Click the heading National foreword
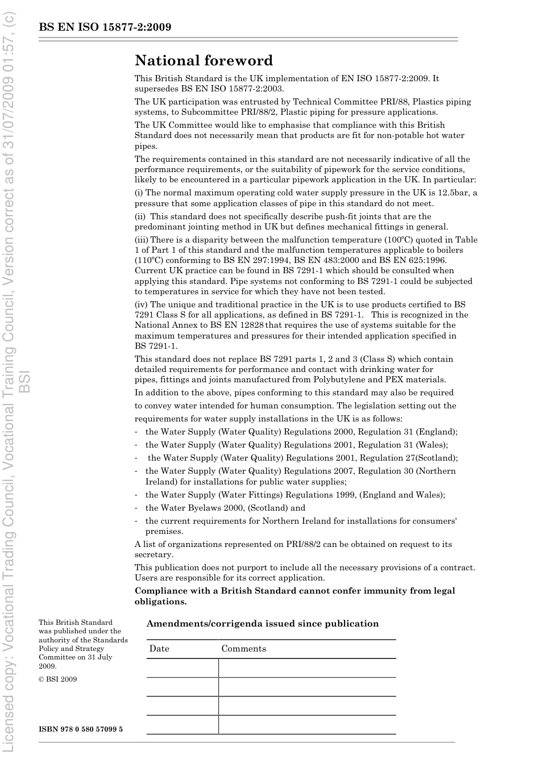203,61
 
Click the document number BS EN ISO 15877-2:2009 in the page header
105,27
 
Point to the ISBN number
80,729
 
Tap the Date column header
159,649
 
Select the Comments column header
243,649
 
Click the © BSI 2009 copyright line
57,679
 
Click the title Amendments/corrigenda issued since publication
262,624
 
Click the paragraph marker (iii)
142,240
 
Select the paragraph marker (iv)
141,304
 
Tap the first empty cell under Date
182,668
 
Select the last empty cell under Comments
307,724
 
